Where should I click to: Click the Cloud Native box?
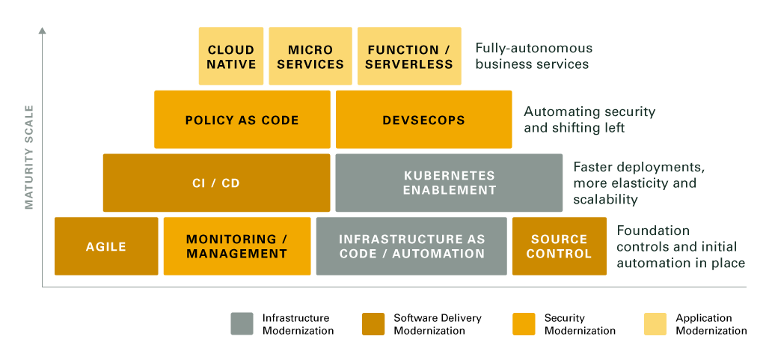click(x=231, y=56)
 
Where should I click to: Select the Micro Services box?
click(x=310, y=56)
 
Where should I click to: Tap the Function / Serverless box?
click(x=409, y=56)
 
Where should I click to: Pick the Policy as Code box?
click(x=242, y=120)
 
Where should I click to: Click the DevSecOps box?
click(x=423, y=120)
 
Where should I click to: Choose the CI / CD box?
click(x=216, y=183)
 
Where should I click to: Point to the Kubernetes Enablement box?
click(x=449, y=183)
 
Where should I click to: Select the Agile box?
click(x=106, y=246)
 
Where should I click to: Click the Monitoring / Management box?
click(x=236, y=246)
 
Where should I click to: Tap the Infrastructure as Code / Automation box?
click(x=411, y=246)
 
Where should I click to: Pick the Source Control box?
click(x=559, y=246)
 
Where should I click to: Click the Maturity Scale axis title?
click(x=29, y=157)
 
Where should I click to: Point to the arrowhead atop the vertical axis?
click(x=43, y=31)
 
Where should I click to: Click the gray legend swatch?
click(x=242, y=323)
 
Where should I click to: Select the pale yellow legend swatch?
click(x=655, y=323)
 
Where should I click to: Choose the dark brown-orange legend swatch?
click(x=373, y=323)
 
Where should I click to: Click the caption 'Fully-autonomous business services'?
click(x=533, y=56)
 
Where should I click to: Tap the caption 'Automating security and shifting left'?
click(x=589, y=120)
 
